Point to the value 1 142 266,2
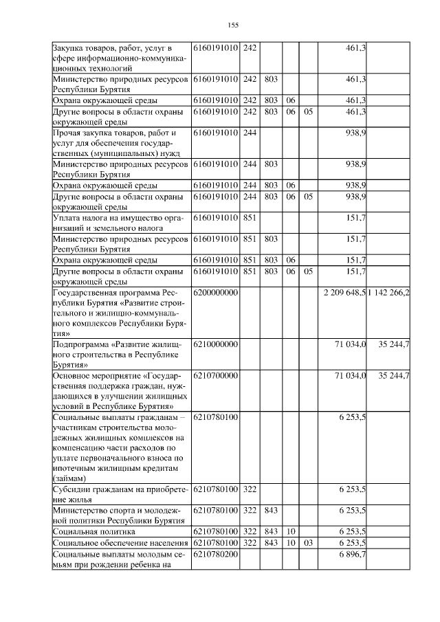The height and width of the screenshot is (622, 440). [x=389, y=293]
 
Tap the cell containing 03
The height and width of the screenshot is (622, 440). [x=308, y=543]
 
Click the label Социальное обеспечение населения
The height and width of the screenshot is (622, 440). [x=120, y=543]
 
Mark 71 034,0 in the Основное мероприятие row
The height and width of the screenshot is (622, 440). [x=350, y=376]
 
